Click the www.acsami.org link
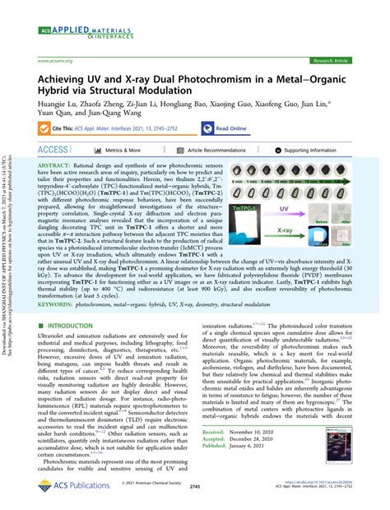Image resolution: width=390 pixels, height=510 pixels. [x=53, y=61]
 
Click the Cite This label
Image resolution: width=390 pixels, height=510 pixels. [x=65, y=128]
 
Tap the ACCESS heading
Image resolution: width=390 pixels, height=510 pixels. [x=54, y=151]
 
